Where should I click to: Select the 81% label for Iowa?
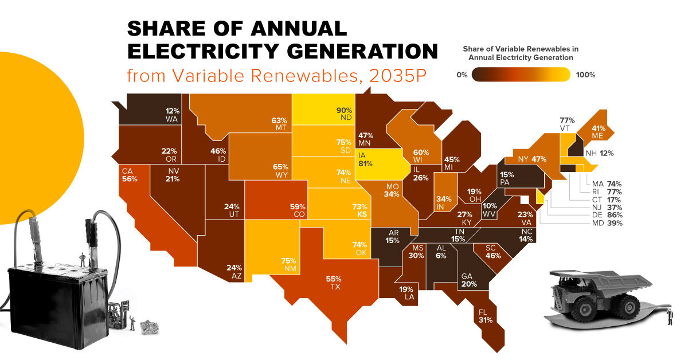(x=366, y=163)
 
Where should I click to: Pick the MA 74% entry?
(x=610, y=183)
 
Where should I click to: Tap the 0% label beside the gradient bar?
(x=462, y=75)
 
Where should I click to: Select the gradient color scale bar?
(x=521, y=75)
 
